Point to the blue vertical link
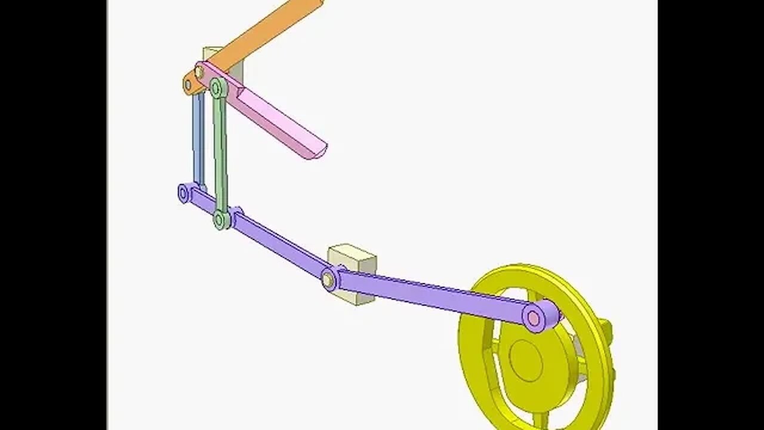[198, 140]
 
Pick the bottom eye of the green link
[221, 220]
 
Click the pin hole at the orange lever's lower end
[188, 85]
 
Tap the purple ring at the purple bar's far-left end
[184, 193]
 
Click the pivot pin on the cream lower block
[328, 279]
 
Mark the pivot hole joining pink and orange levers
[199, 72]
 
